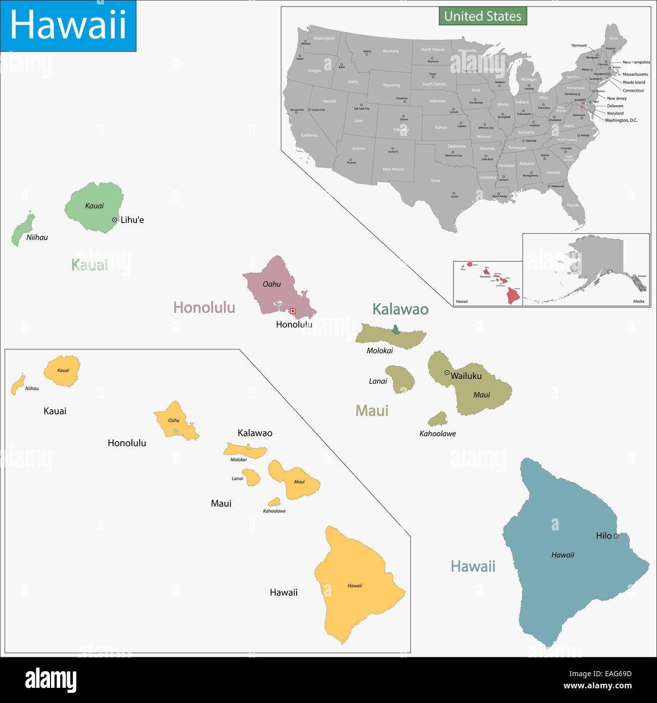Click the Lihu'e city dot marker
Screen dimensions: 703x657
[115, 220]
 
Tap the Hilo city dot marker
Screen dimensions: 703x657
[616, 536]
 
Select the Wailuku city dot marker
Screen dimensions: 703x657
[447, 373]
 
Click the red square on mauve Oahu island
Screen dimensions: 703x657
[293, 311]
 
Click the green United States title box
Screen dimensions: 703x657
[483, 16]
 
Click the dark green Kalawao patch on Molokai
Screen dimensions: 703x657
[396, 330]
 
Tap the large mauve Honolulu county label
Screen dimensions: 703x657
[204, 307]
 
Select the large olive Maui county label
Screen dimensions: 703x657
[372, 411]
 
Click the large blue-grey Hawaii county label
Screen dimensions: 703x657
[473, 566]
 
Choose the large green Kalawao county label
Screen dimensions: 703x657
[400, 310]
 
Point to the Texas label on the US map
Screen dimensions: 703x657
[435, 181]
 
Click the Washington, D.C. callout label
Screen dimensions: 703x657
[621, 120]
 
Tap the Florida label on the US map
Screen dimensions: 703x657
[573, 205]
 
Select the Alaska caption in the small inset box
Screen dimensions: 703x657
[639, 301]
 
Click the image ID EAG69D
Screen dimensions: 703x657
[614, 674]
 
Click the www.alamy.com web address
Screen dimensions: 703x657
[597, 686]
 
